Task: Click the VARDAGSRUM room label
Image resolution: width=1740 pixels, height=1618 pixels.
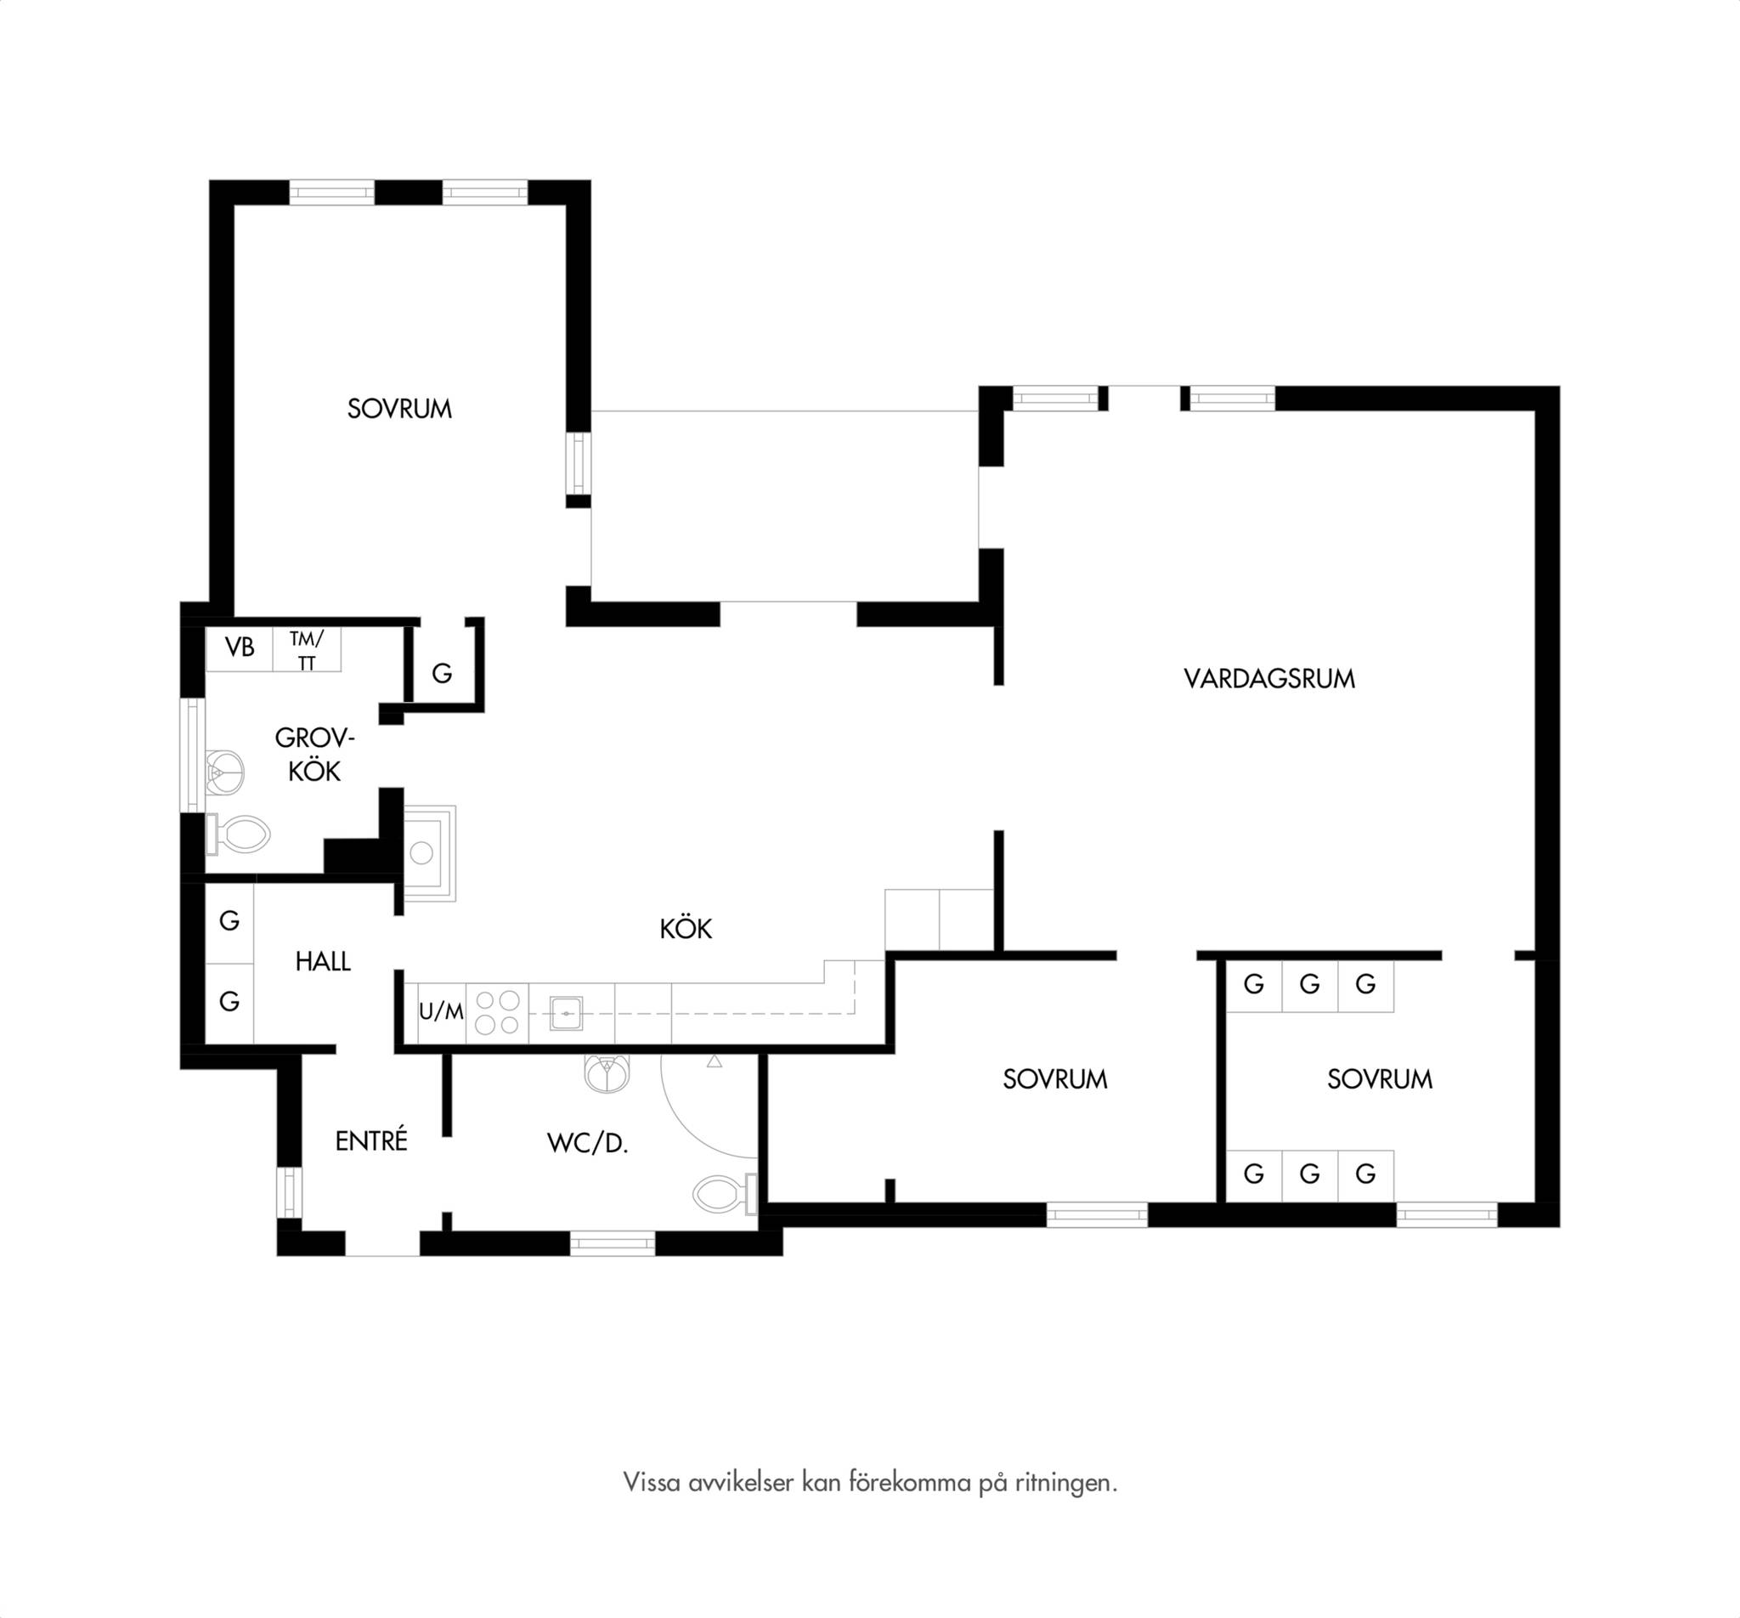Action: (1269, 678)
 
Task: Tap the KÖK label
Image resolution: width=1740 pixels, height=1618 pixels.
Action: (686, 928)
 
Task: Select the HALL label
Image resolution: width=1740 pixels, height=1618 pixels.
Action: (323, 961)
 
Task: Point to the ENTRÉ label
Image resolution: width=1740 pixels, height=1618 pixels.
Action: (371, 1140)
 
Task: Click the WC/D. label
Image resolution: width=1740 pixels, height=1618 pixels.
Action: (587, 1143)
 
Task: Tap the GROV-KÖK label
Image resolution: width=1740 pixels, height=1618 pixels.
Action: (314, 754)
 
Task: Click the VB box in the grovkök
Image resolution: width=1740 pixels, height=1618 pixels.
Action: (239, 648)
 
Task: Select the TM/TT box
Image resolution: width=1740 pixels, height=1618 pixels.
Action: (308, 648)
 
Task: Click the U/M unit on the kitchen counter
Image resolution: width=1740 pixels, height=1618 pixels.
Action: (441, 1012)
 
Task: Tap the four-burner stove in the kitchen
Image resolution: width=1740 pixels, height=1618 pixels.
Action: (497, 1013)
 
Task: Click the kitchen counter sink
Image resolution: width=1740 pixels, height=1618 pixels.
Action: (567, 1013)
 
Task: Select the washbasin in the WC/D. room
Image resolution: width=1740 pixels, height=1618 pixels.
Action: (607, 1073)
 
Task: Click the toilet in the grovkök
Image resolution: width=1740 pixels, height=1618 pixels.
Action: (237, 834)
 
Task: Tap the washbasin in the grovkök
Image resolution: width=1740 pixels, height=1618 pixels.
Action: (223, 772)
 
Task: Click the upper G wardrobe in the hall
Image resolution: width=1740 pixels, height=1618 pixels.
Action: (229, 921)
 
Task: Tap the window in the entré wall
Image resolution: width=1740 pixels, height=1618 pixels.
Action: (289, 1192)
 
